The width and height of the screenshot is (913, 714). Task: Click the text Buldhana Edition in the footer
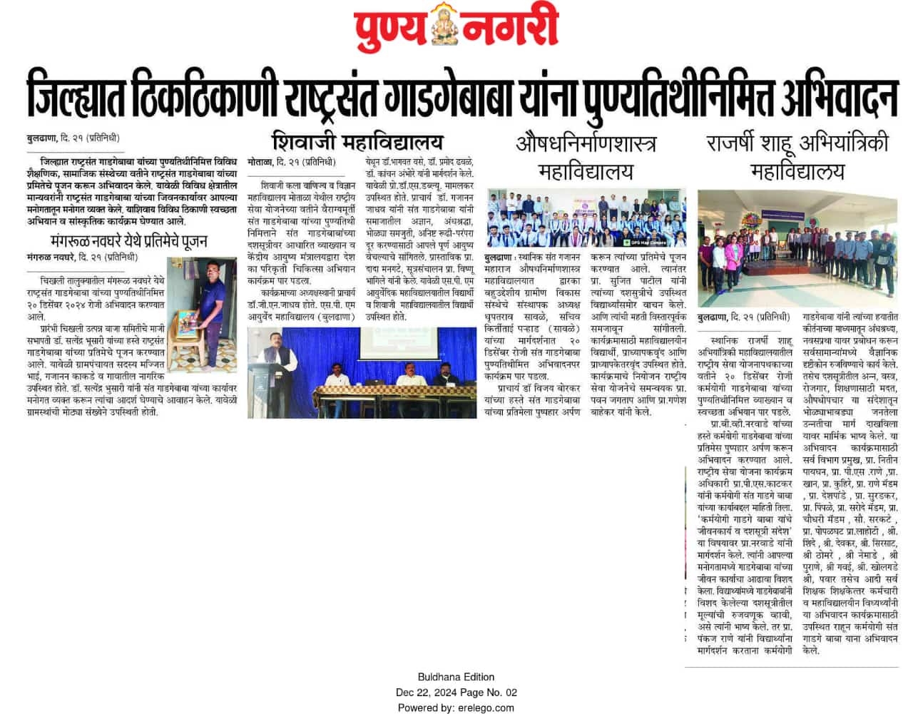point(456,677)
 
